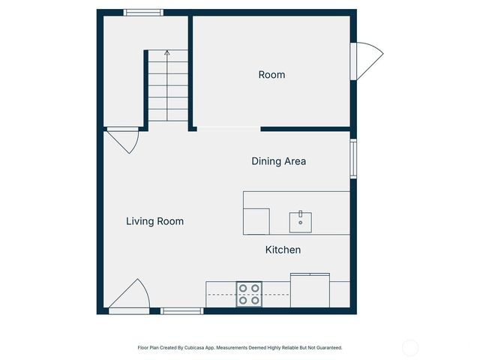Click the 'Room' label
pyautogui.click(x=271, y=75)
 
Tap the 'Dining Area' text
pyautogui.click(x=278, y=161)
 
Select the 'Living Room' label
pyautogui.click(x=154, y=221)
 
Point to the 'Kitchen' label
pyautogui.click(x=283, y=250)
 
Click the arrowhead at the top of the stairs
pyautogui.click(x=166, y=52)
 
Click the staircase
pyautogui.click(x=166, y=87)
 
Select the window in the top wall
pyautogui.click(x=143, y=12)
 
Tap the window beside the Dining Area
pyautogui.click(x=353, y=158)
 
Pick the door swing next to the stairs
pyautogui.click(x=123, y=139)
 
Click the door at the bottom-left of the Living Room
pyautogui.click(x=129, y=296)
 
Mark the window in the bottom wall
pyautogui.click(x=181, y=310)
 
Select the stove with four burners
pyautogui.click(x=249, y=294)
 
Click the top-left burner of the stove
pyautogui.click(x=243, y=287)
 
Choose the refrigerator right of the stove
pyautogui.click(x=310, y=291)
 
